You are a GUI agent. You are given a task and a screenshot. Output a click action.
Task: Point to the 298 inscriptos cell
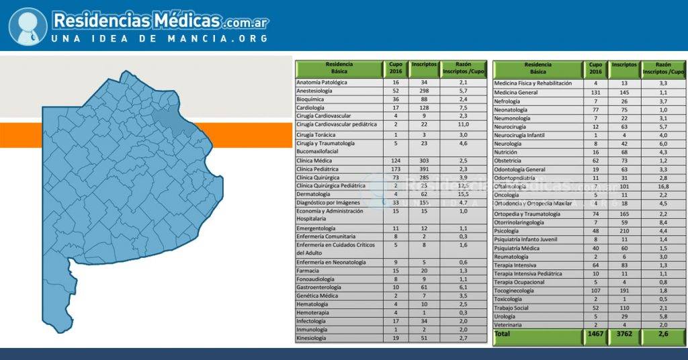tap(423, 91)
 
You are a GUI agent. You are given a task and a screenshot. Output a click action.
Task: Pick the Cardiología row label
tap(310, 107)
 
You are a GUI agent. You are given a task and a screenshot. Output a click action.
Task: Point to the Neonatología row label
tap(515, 109)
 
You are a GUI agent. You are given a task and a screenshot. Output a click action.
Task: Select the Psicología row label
tap(510, 230)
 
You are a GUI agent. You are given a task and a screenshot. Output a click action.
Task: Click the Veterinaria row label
tap(512, 325)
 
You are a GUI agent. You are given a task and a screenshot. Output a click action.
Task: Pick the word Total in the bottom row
tap(503, 333)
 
